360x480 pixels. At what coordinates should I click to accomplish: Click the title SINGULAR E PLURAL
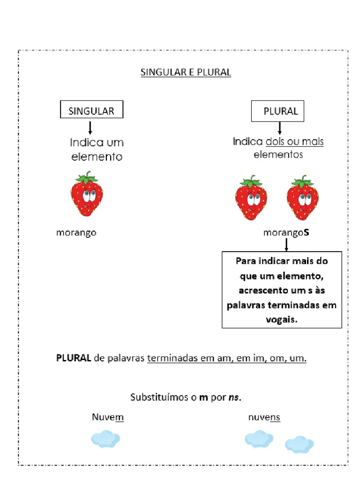pyautogui.click(x=186, y=73)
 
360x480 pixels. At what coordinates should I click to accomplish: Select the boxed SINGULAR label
pyautogui.click(x=91, y=111)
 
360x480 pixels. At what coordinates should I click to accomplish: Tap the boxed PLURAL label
pyautogui.click(x=280, y=112)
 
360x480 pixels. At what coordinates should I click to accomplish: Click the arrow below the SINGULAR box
pyautogui.click(x=90, y=127)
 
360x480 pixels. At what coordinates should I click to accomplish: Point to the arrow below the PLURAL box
pyautogui.click(x=280, y=127)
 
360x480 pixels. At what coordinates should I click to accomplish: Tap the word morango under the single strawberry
pyautogui.click(x=76, y=232)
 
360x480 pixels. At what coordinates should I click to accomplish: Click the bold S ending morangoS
pyautogui.click(x=307, y=232)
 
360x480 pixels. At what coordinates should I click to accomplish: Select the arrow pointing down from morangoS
pyautogui.click(x=286, y=244)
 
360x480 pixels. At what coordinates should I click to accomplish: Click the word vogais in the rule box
pyautogui.click(x=281, y=319)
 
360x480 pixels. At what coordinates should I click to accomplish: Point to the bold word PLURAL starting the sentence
pyautogui.click(x=74, y=359)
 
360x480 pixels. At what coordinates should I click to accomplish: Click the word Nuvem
pyautogui.click(x=108, y=417)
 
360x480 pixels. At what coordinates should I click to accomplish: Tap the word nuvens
pyautogui.click(x=264, y=417)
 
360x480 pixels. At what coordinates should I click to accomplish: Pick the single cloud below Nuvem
pyautogui.click(x=105, y=439)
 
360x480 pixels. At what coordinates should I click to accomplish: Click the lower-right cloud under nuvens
pyautogui.click(x=299, y=444)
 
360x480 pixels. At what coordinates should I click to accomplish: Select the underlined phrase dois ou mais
pyautogui.click(x=294, y=142)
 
